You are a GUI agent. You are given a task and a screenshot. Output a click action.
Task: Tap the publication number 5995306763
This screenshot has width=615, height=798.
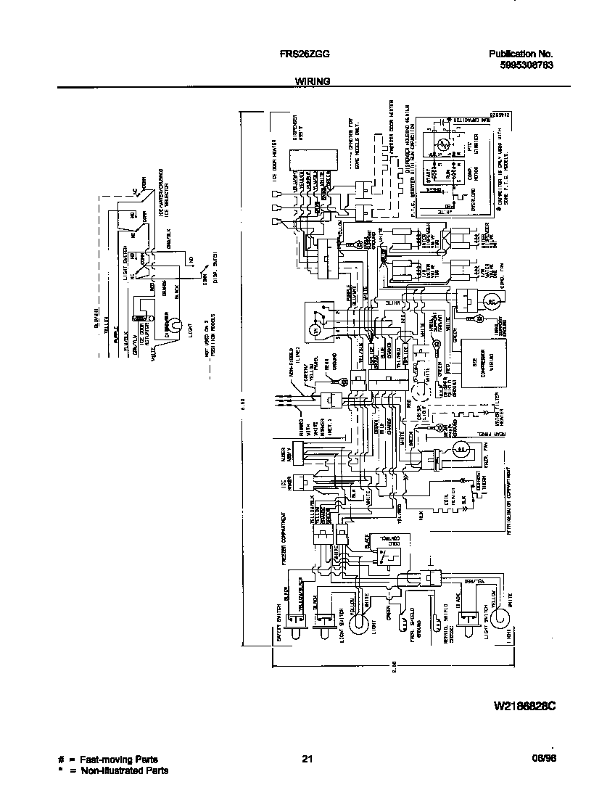point(527,65)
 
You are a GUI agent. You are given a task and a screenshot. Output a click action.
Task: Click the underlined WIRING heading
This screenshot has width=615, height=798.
point(313,82)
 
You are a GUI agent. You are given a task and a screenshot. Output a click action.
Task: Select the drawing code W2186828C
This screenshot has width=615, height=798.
point(525,705)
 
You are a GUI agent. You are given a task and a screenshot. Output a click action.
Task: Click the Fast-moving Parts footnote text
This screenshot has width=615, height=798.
point(116,760)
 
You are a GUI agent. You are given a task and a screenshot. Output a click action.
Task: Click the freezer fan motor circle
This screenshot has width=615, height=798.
point(460,451)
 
